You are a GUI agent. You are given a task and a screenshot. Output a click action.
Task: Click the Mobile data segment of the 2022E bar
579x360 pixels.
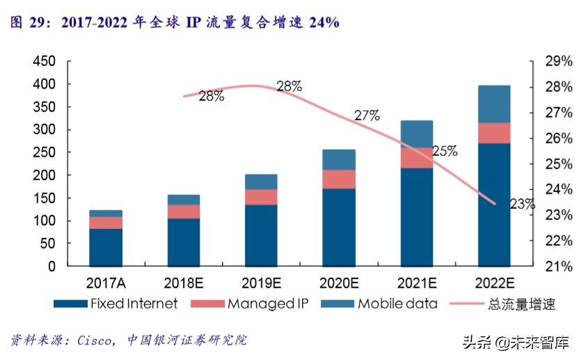493,104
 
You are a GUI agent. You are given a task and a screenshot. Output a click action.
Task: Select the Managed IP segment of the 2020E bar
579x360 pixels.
339,179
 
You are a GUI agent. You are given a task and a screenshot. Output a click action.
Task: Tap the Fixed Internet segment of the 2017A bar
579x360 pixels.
106,247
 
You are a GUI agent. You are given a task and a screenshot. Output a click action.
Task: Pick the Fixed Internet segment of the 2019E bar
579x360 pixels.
261,235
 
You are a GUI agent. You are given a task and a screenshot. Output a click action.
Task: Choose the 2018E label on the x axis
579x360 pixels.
183,284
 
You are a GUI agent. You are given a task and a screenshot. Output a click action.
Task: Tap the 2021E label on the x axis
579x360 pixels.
416,284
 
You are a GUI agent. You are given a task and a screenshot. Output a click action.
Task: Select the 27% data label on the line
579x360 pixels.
367,116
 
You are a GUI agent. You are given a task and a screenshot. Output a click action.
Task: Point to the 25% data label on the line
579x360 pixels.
445,150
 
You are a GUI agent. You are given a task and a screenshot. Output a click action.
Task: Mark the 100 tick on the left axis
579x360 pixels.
45,221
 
